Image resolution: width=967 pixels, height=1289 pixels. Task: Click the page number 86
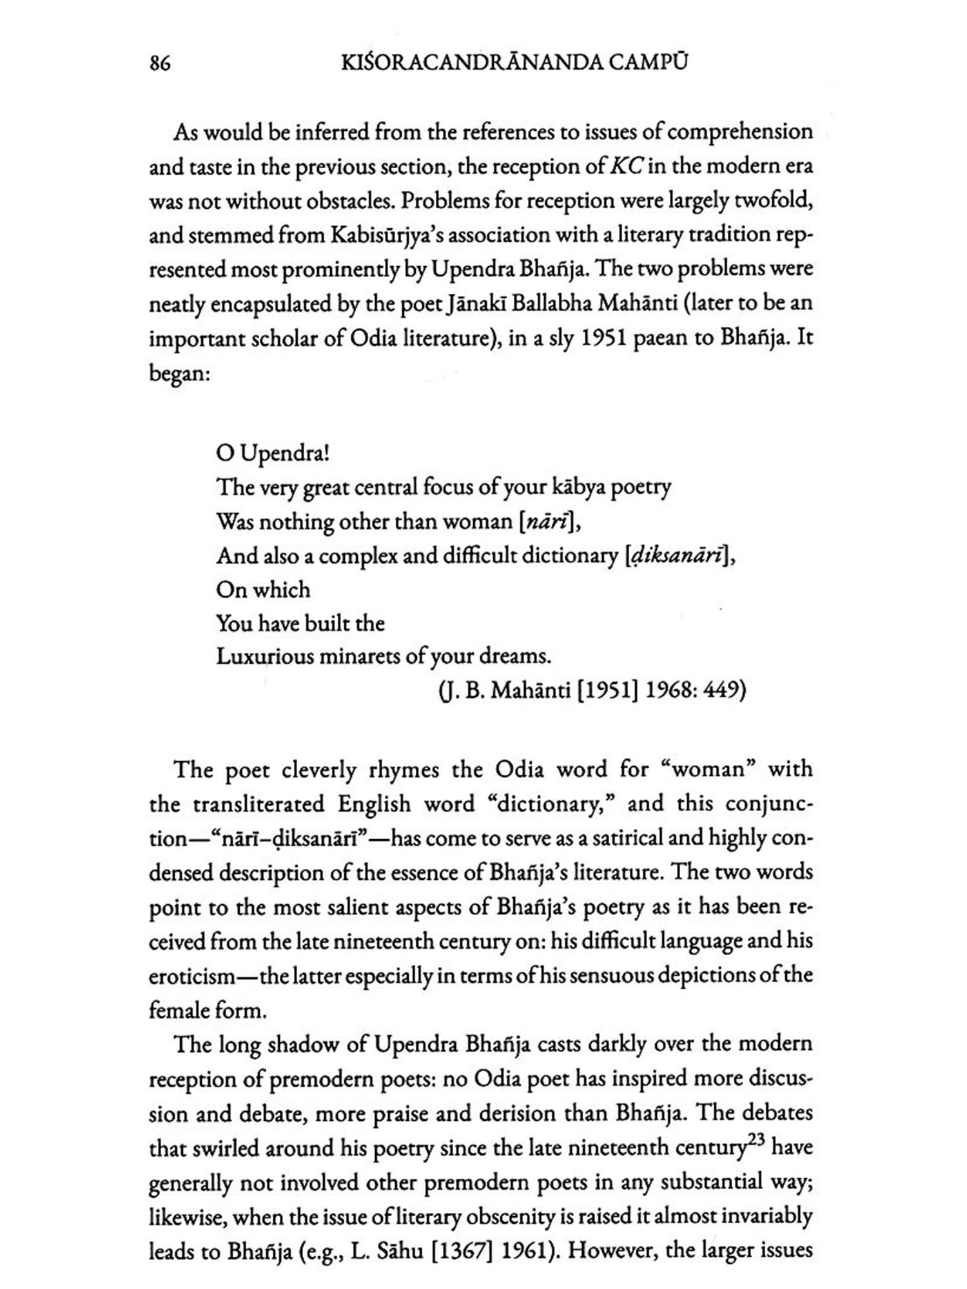coord(160,64)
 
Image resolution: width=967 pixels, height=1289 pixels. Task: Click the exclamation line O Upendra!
coord(273,453)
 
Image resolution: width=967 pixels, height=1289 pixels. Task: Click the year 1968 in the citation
coord(668,690)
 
